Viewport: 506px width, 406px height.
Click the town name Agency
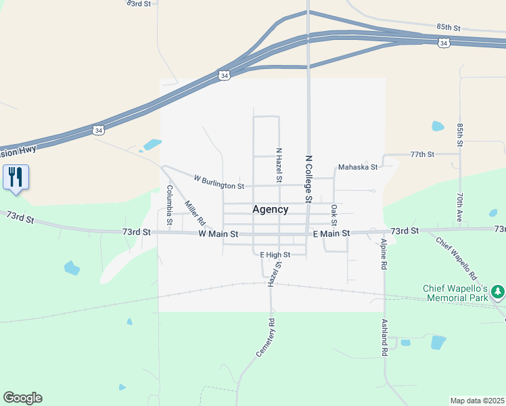tap(270, 210)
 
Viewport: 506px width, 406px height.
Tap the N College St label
tap(308, 179)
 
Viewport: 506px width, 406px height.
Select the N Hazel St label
tap(278, 164)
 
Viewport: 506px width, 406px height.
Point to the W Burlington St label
tap(218, 183)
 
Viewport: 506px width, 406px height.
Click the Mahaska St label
tap(357, 167)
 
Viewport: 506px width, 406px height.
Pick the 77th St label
tap(421, 154)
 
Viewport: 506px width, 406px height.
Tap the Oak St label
tap(333, 215)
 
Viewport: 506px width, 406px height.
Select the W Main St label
tap(218, 233)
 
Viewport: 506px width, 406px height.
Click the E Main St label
tap(331, 233)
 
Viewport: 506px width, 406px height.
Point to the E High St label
tap(275, 254)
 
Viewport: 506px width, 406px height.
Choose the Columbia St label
tap(170, 205)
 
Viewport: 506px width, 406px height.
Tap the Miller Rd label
tap(194, 212)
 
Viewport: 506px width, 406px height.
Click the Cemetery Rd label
tap(264, 338)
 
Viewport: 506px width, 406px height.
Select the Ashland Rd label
tap(384, 338)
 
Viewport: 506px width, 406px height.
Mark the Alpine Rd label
tap(383, 254)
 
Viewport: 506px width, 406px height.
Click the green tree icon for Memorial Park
tap(498, 292)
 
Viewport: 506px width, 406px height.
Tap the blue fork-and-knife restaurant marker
tap(15, 178)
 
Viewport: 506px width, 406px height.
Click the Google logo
tap(22, 398)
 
